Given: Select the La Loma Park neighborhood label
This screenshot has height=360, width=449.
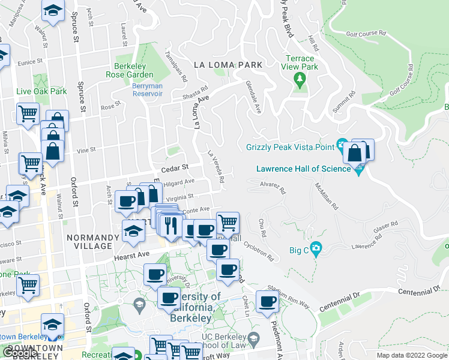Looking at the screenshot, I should pyautogui.click(x=228, y=64).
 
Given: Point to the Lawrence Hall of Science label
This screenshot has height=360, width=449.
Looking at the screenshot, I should pyautogui.click(x=303, y=169).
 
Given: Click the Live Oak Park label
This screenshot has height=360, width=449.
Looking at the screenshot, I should pyautogui.click(x=41, y=91).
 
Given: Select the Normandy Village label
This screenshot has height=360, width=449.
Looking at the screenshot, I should pyautogui.click(x=89, y=241).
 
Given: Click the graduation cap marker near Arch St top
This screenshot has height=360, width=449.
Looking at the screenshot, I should pyautogui.click(x=53, y=11).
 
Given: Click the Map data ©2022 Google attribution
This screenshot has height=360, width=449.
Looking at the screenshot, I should pyautogui.click(x=411, y=355).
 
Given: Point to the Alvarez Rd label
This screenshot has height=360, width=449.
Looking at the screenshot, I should pyautogui.click(x=273, y=188).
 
